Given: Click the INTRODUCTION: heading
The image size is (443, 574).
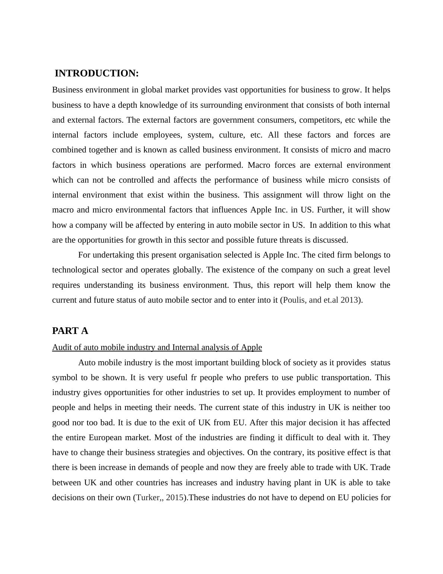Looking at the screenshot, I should click(x=96, y=73).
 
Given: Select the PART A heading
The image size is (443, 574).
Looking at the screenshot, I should click(x=70, y=331).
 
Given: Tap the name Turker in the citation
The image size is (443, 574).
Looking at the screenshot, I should click(x=147, y=498).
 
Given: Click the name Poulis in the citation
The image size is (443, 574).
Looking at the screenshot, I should click(x=294, y=300).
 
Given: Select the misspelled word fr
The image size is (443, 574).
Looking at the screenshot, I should click(x=193, y=378).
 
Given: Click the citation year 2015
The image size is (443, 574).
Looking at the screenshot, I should click(x=175, y=498).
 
